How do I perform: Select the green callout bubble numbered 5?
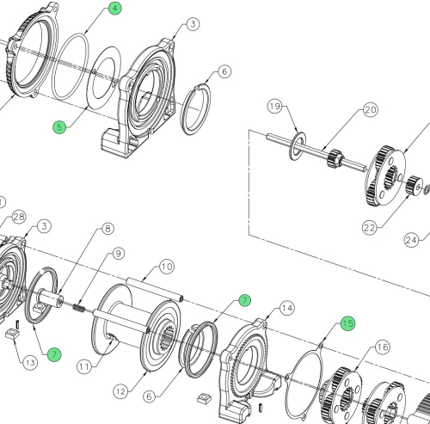pyautogui.click(x=59, y=126)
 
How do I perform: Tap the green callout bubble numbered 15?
pyautogui.click(x=347, y=323)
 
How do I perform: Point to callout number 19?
pyautogui.click(x=274, y=107)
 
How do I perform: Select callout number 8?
pyautogui.click(x=107, y=229)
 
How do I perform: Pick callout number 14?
pyautogui.click(x=286, y=307)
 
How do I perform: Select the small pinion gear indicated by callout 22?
pyautogui.click(x=411, y=182)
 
